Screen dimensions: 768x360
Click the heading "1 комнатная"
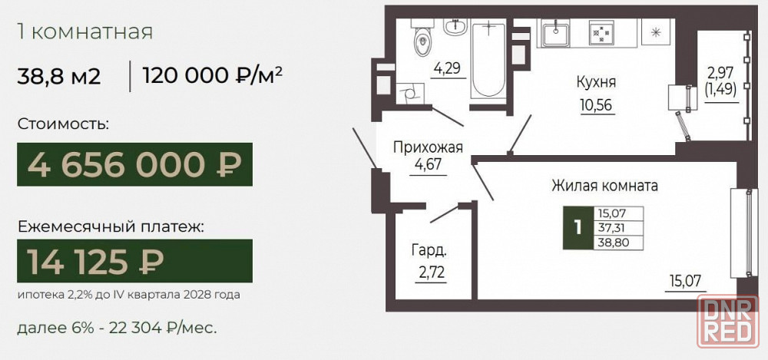point(85,31)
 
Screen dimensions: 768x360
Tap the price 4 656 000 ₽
point(134,164)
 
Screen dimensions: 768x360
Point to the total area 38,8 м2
point(59,77)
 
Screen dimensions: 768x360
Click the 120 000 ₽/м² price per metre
point(213,77)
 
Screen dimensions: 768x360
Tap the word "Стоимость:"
point(63,124)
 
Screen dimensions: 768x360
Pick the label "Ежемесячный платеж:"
point(110,226)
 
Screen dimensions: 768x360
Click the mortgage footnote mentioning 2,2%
point(129,296)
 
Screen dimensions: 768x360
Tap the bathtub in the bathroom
point(488,60)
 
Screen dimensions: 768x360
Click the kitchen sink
point(555,33)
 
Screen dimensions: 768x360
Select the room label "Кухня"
point(596,82)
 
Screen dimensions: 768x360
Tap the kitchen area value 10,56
point(597,105)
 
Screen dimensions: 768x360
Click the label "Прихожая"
point(428,147)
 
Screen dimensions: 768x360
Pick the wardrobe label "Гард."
point(429,251)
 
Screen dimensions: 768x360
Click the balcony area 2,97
point(721,74)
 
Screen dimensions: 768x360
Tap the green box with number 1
point(578,228)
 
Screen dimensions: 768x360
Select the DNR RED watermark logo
point(728,322)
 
